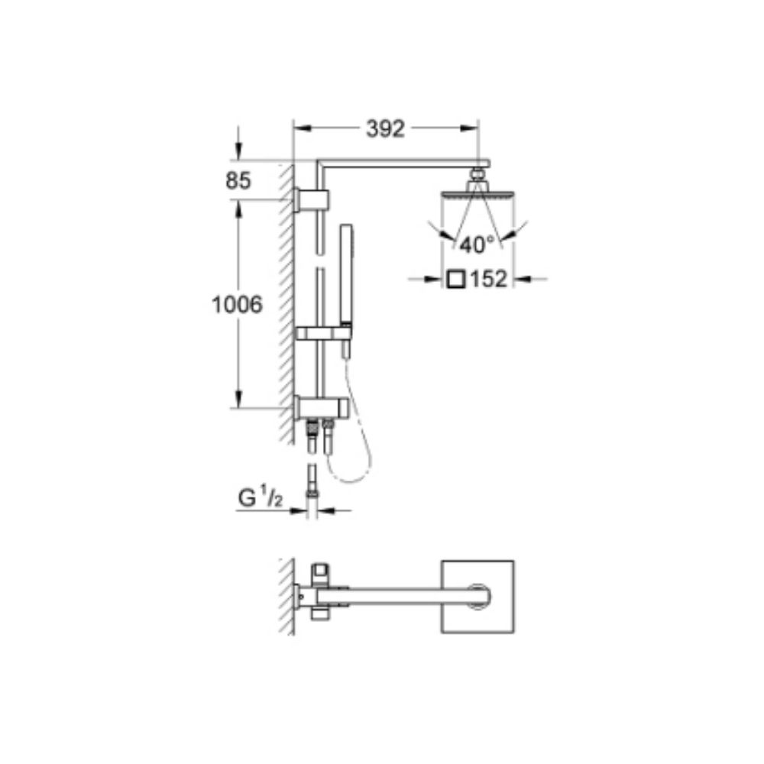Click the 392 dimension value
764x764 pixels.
[385, 128]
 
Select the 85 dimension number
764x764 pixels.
[238, 181]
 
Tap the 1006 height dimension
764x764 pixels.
[237, 305]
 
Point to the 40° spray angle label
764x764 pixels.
[477, 244]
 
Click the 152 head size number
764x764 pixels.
[488, 279]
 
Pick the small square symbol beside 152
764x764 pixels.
[456, 280]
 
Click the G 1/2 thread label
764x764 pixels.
[260, 498]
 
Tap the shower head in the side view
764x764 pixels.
[477, 193]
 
